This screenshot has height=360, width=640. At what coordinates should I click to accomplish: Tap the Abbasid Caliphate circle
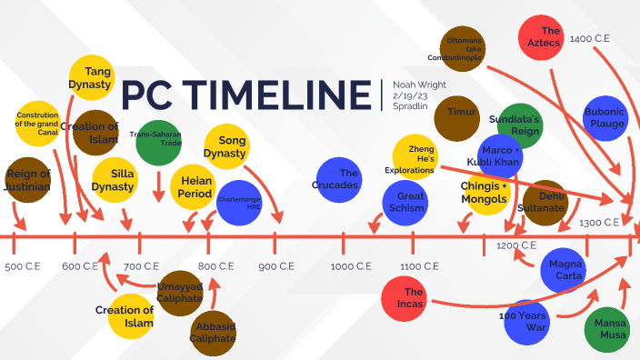tap(212, 332)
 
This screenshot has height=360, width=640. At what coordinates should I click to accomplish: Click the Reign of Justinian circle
tap(27, 180)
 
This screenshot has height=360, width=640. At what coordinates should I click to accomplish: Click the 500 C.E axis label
tap(23, 266)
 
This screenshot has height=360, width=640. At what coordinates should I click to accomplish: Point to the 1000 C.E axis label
tap(351, 266)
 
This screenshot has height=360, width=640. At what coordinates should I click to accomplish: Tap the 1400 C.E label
tap(593, 40)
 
